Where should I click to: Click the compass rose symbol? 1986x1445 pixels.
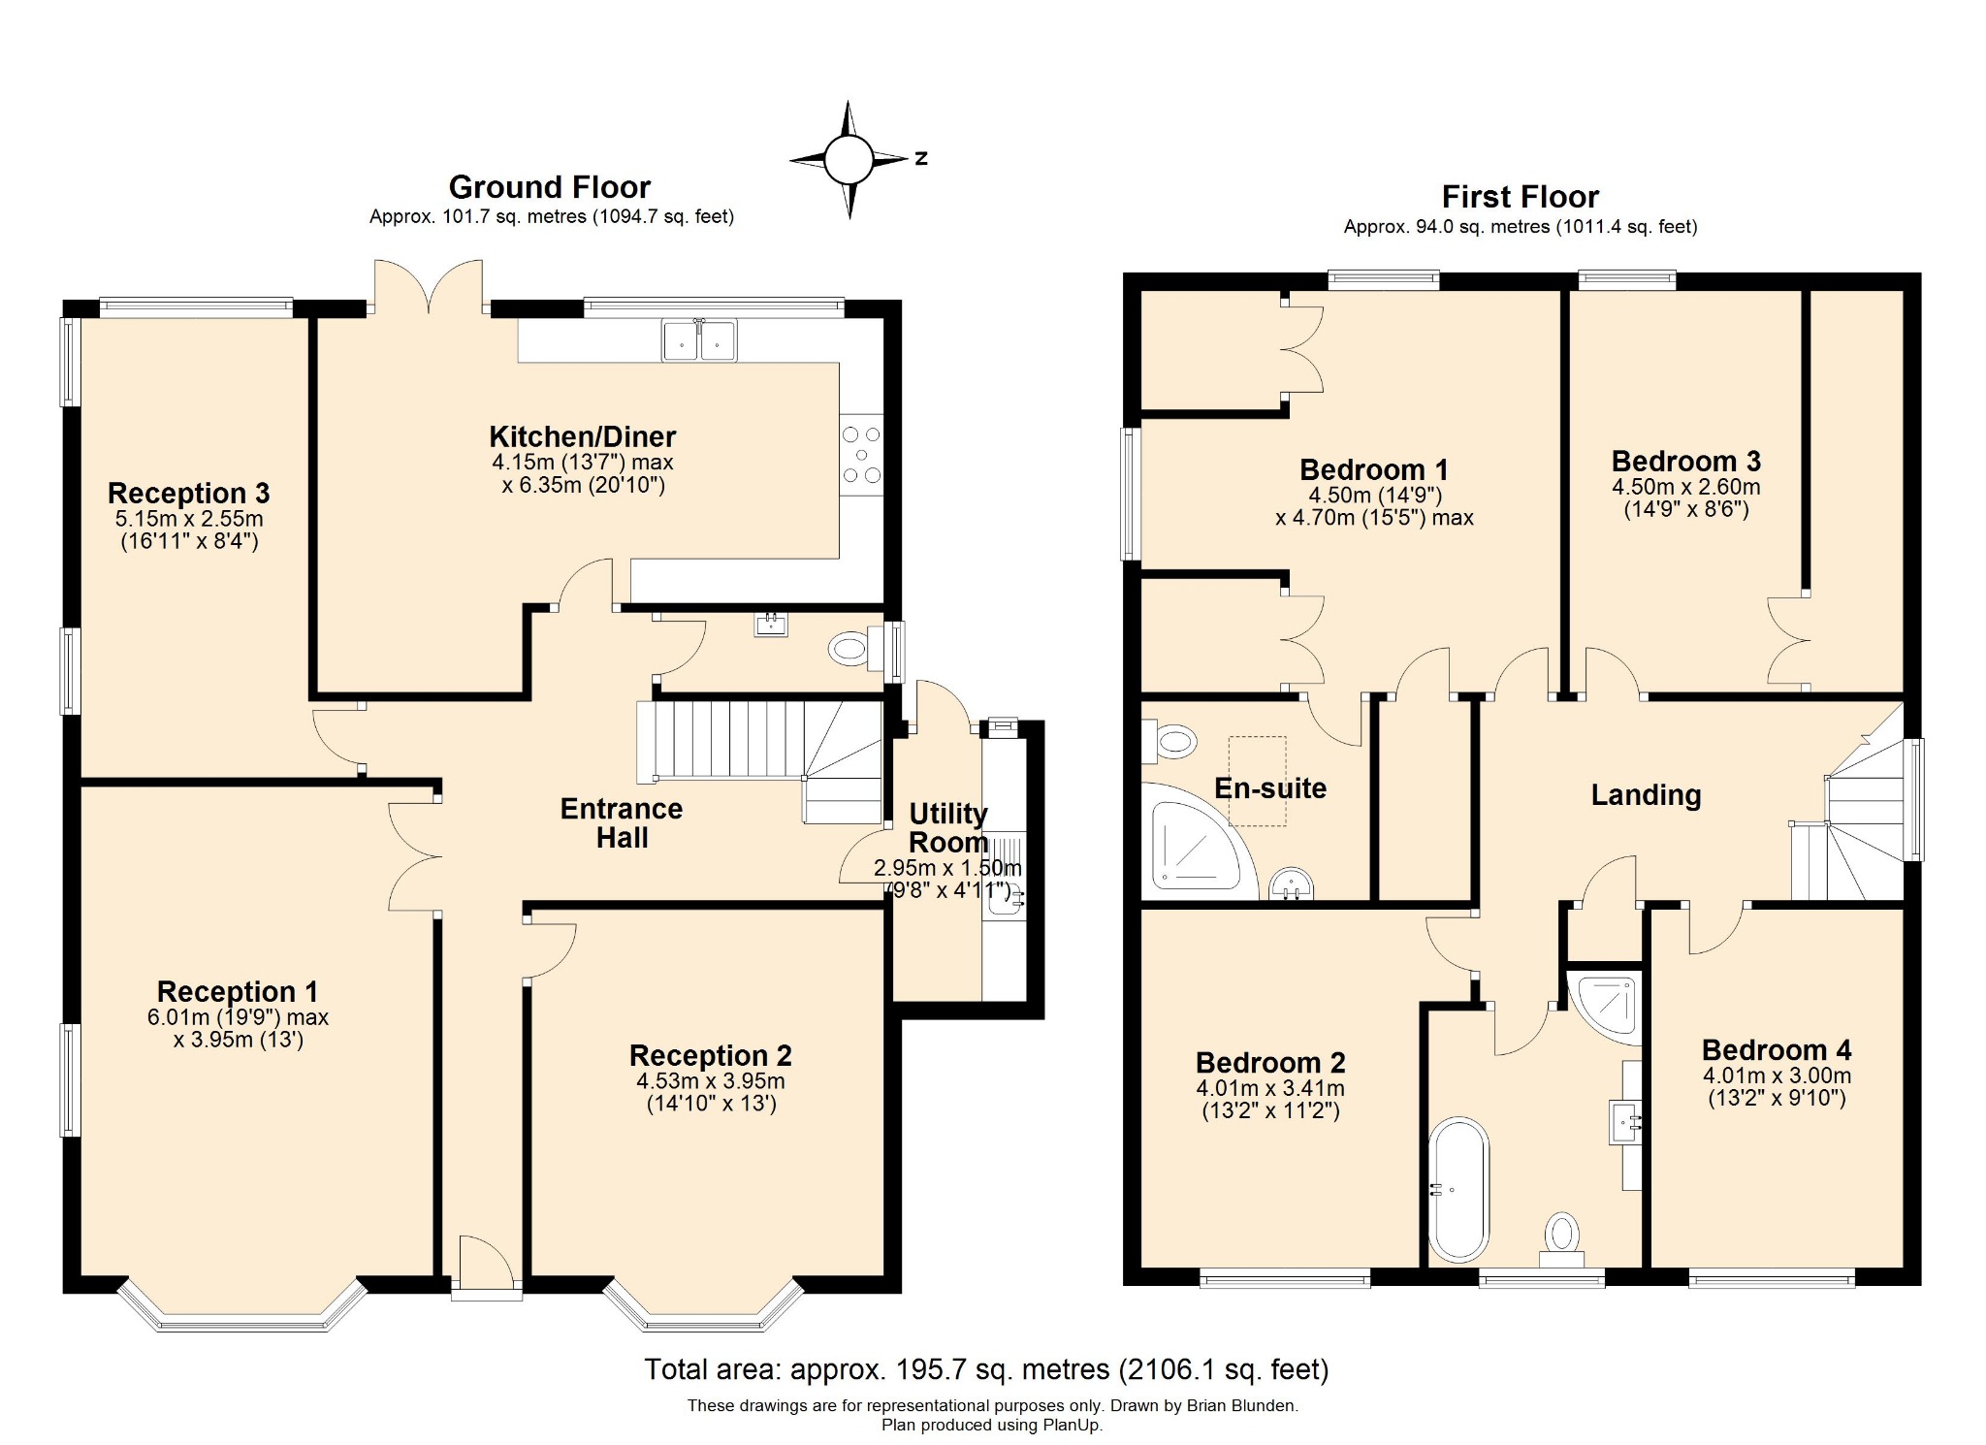coord(849,159)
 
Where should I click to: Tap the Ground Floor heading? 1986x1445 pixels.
coord(550,187)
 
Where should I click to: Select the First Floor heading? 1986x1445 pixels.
coord(1520,197)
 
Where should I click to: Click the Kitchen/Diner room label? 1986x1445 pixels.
coord(582,436)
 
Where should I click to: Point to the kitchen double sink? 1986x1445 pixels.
coord(699,340)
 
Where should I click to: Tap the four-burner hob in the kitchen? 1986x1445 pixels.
coord(861,455)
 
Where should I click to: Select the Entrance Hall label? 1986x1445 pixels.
coord(622,823)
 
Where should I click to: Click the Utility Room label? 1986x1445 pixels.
coord(948,827)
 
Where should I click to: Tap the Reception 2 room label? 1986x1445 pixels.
coord(711,1055)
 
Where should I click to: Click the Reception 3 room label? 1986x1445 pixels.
coord(189,494)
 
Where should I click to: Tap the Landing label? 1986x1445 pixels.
coord(1646,795)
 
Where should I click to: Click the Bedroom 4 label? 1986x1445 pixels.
coord(1777,1049)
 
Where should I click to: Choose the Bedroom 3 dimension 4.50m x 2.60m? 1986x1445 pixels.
coord(1686,487)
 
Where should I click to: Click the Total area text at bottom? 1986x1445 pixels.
coord(987,1368)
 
